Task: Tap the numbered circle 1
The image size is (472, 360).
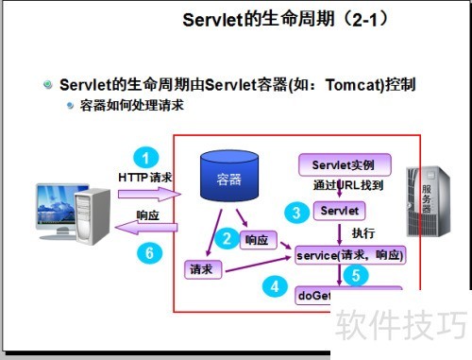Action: click(x=144, y=157)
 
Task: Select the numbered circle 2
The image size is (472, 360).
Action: click(x=226, y=239)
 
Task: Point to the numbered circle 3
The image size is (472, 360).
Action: click(x=296, y=213)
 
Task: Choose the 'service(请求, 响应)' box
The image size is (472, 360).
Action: click(x=349, y=254)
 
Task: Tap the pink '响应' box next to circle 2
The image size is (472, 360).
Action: click(x=257, y=240)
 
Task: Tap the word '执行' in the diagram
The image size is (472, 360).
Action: click(x=363, y=232)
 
